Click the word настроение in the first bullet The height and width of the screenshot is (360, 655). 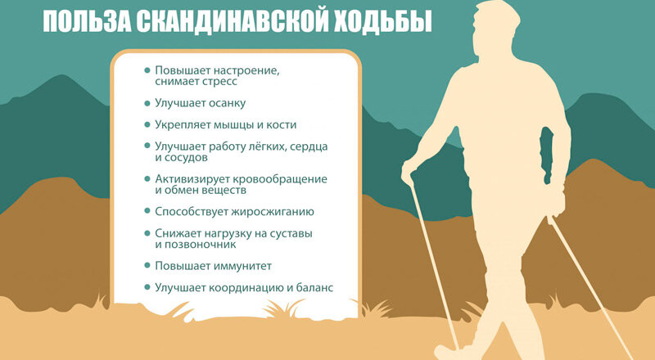pos(246,70)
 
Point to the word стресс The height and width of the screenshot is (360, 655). pos(219,81)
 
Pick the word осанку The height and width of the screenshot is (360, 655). pos(224,103)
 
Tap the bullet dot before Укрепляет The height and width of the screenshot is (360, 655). pos(147,124)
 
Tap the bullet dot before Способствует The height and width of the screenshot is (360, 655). pos(147,211)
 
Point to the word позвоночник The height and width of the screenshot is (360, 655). pos(201,245)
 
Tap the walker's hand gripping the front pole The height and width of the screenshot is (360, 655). pos(408,171)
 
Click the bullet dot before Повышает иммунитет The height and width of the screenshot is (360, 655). pos(147,266)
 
